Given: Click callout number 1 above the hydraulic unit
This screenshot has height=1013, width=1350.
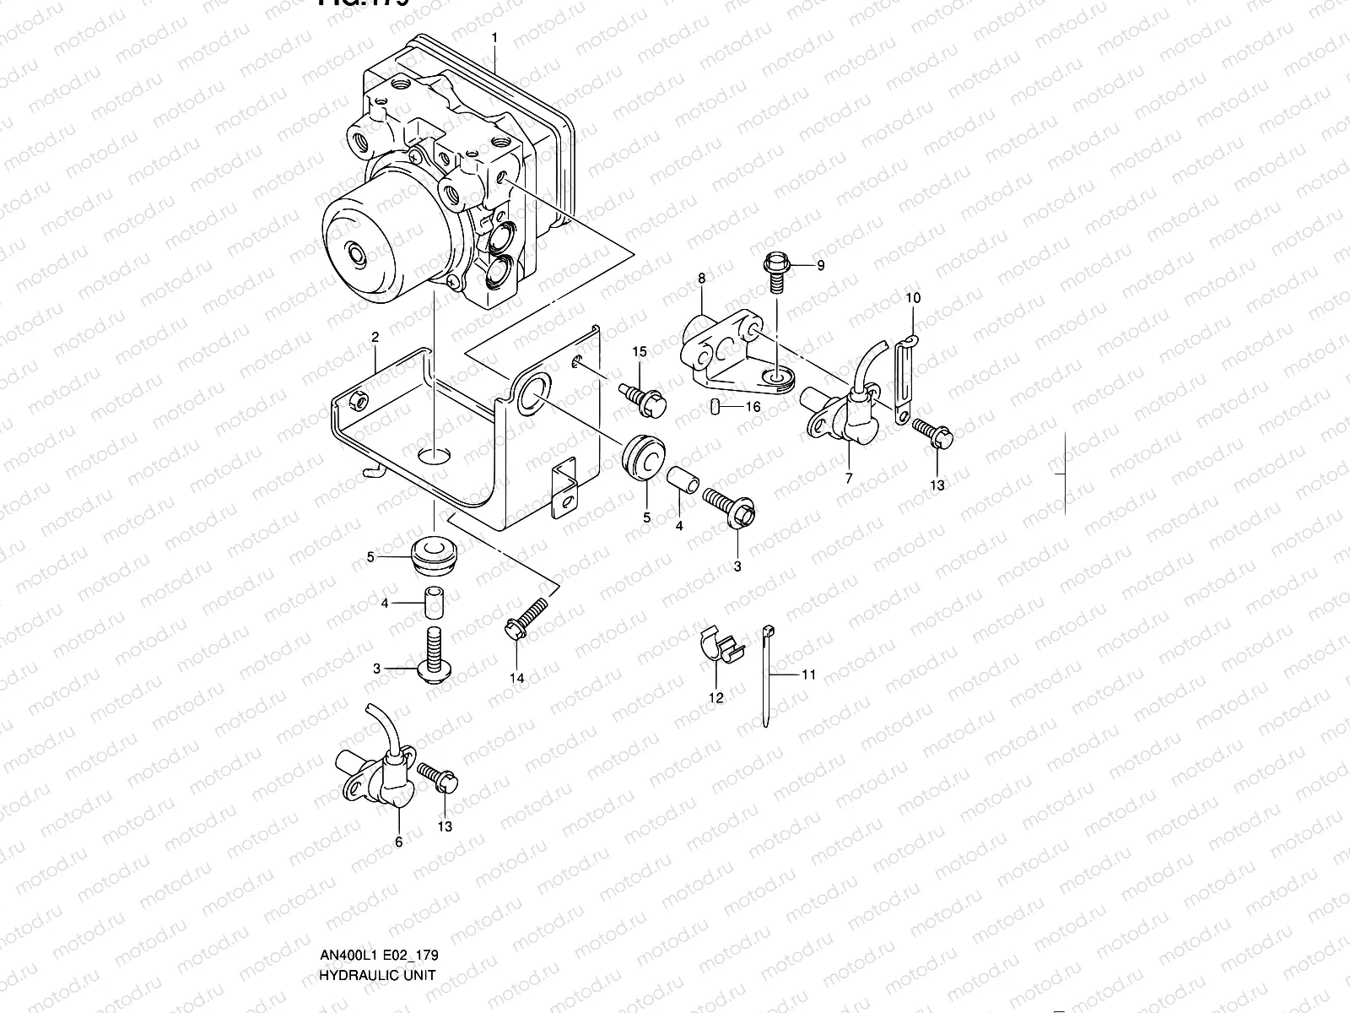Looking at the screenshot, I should coord(494,38).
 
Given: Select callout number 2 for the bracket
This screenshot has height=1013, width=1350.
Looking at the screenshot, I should coord(375,337).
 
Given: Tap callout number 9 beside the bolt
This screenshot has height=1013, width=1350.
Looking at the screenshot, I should coord(819,265).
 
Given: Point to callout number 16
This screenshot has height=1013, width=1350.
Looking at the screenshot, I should coord(753,406).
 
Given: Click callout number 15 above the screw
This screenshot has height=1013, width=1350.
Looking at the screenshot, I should coord(640,351).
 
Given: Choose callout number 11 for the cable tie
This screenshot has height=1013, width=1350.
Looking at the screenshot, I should coord(808,674).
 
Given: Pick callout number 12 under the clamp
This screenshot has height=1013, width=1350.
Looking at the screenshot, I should coord(716,697).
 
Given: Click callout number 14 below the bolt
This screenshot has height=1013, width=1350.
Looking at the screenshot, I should coord(516,678).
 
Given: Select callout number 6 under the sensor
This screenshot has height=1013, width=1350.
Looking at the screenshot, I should coord(399,841).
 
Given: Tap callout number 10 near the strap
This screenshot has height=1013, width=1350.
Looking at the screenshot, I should coord(913,298).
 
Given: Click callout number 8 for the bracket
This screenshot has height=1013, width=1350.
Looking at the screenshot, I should coord(701,278).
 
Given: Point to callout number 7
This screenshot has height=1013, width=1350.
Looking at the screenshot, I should coord(849,478).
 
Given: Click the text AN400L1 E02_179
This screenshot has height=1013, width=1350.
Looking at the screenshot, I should coord(378,955).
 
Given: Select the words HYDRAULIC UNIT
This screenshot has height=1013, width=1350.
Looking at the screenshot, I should coord(378,975).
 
